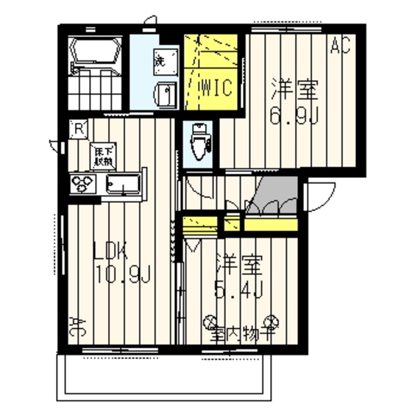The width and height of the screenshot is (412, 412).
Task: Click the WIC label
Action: [216, 88]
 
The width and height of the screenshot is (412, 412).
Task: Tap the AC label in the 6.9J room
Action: [339, 48]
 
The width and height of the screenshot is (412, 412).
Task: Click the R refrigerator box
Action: [77, 127]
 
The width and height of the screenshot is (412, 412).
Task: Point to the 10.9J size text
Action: [122, 277]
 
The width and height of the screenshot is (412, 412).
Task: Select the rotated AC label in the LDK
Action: [75, 324]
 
